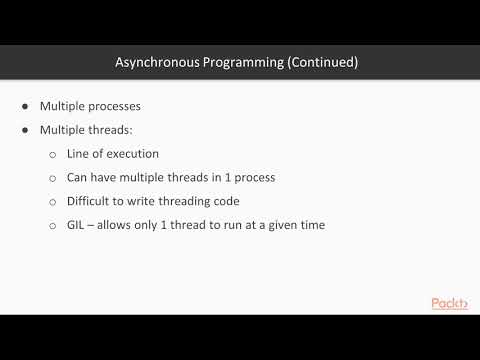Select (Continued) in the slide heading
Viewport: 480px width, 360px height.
click(x=319, y=62)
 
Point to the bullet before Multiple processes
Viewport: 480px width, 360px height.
click(x=25, y=106)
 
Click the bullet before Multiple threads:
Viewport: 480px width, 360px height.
click(x=25, y=130)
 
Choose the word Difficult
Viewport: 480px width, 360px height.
click(x=91, y=201)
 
